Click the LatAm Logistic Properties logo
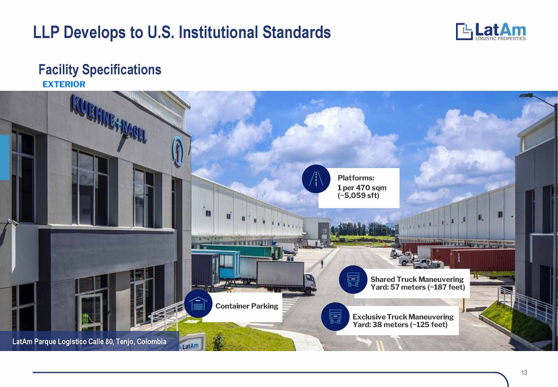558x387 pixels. pos(491,31)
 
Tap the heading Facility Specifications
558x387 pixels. pos(99,70)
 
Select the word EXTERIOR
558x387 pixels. pos(64,84)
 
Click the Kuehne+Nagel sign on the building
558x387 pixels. pos(109,118)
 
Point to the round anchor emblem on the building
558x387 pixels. pos(178,151)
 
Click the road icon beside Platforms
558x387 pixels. pos(316,179)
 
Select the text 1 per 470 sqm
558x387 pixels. pos(362,188)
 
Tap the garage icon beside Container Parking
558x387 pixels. pos(198,304)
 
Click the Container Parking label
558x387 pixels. pos(247,306)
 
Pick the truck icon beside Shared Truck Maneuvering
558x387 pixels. pos(353,279)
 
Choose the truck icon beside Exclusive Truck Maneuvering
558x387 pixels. pos(335,316)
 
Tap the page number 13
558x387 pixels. pos(524,373)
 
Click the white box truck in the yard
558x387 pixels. pos(286,277)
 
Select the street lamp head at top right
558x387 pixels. pos(526,95)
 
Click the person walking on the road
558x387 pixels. pos(322,264)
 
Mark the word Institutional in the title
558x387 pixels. pos(219,32)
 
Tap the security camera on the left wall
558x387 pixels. pos(12,222)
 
